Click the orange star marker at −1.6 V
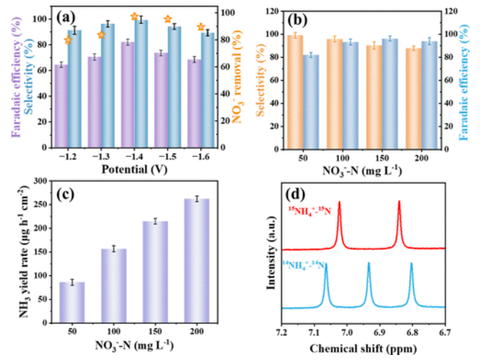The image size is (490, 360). [201, 27]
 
